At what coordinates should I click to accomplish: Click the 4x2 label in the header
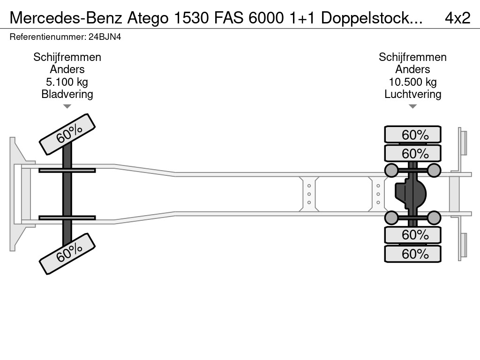click(x=457, y=18)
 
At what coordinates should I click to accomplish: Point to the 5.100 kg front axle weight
click(x=67, y=82)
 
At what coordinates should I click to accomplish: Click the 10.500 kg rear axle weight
click(x=412, y=82)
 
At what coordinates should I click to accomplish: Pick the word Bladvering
click(x=67, y=94)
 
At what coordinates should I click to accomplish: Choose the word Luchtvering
click(x=412, y=94)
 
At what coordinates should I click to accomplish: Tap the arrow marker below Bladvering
click(x=67, y=106)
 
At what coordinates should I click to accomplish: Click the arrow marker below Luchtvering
click(x=412, y=106)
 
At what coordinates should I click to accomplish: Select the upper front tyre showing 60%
click(x=67, y=134)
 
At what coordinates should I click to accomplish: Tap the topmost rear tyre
click(x=412, y=135)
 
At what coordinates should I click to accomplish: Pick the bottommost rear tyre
click(x=412, y=254)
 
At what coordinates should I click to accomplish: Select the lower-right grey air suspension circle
click(x=434, y=217)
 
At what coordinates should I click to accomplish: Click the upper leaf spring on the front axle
click(x=67, y=170)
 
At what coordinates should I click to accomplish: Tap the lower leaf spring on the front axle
click(x=67, y=217)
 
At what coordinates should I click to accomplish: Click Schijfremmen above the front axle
click(x=67, y=57)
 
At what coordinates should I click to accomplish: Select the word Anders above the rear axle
click(x=412, y=69)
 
